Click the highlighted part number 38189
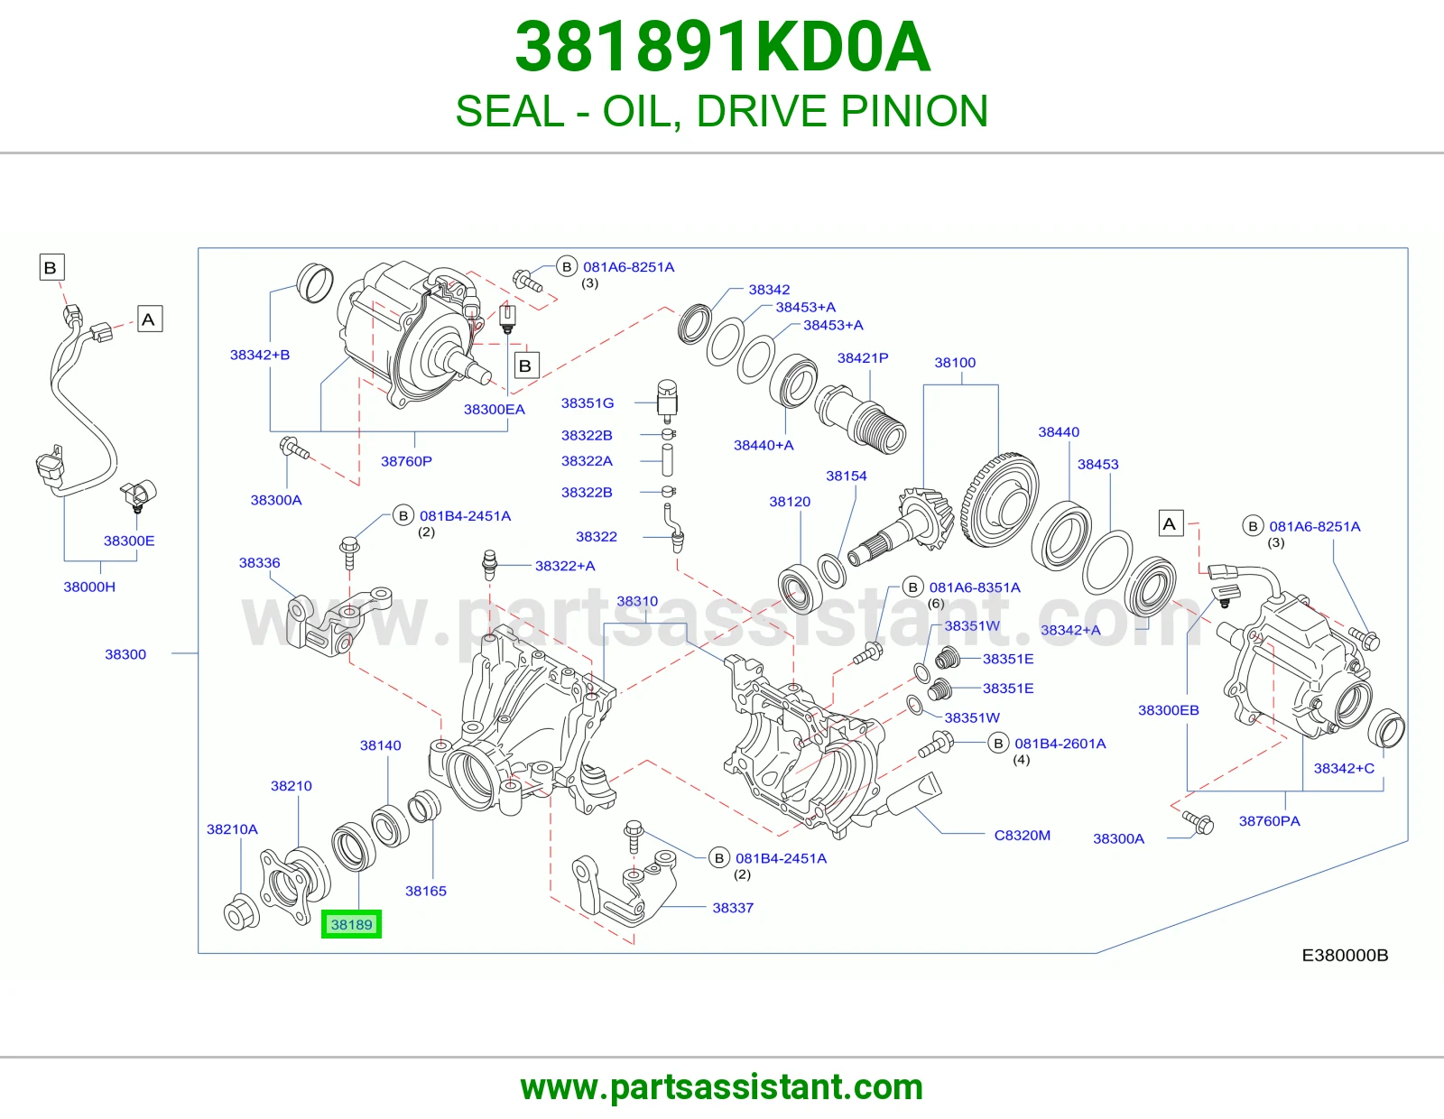(x=352, y=924)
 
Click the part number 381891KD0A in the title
(x=722, y=47)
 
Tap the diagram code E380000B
(x=1345, y=955)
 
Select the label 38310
(x=637, y=601)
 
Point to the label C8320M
(x=1022, y=835)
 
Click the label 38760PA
(x=1269, y=820)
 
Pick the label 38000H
(x=89, y=587)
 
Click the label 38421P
(x=863, y=357)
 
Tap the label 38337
(x=733, y=908)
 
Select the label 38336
(x=259, y=563)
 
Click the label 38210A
(x=232, y=829)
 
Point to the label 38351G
(x=588, y=402)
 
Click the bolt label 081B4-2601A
(x=1060, y=744)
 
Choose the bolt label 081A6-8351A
(x=975, y=587)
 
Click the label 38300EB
(x=1168, y=709)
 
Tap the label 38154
(x=846, y=476)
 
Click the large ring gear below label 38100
(x=1000, y=500)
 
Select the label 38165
(x=426, y=891)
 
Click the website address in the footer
(x=722, y=1087)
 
